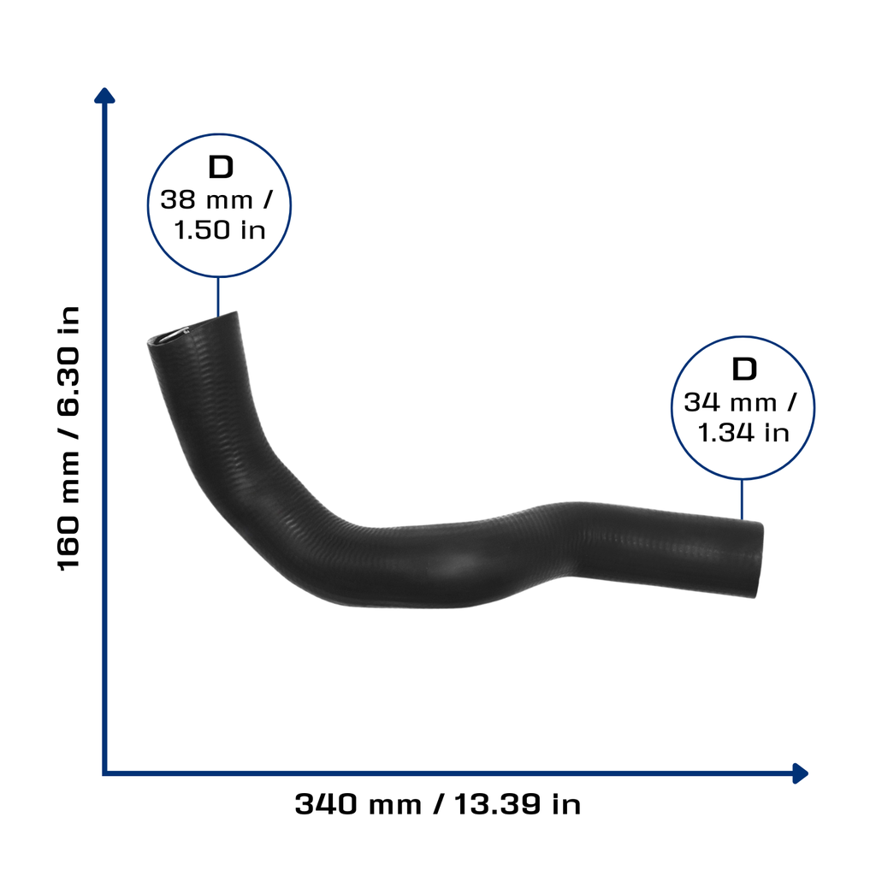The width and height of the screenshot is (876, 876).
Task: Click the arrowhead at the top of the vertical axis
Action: coord(104,96)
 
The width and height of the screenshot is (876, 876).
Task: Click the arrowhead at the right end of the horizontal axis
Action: coord(800,773)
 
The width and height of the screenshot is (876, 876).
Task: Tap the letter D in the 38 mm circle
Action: coord(220,167)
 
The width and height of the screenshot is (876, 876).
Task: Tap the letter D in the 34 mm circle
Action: coord(743,370)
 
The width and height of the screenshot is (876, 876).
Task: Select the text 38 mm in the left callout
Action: coord(206,199)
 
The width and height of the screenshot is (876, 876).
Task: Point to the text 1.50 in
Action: coord(220,229)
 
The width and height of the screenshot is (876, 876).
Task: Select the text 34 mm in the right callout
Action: coord(731,402)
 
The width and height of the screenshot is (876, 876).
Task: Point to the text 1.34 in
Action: coord(743,432)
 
